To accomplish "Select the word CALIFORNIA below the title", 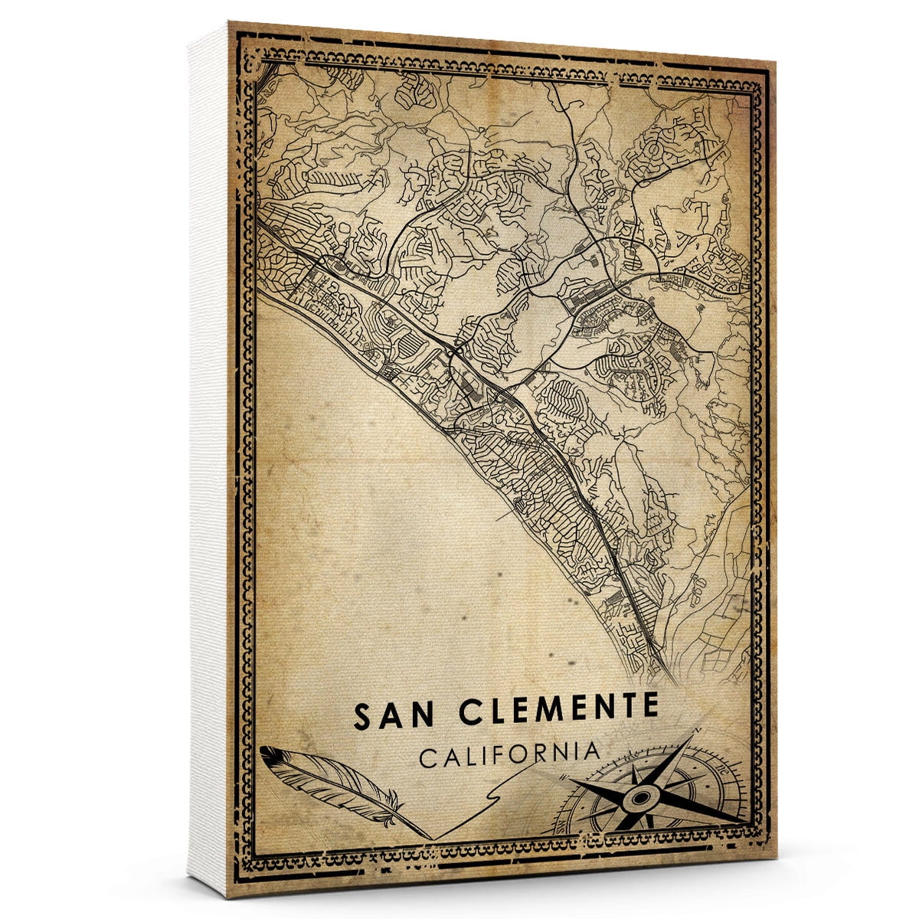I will coord(509,754).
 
